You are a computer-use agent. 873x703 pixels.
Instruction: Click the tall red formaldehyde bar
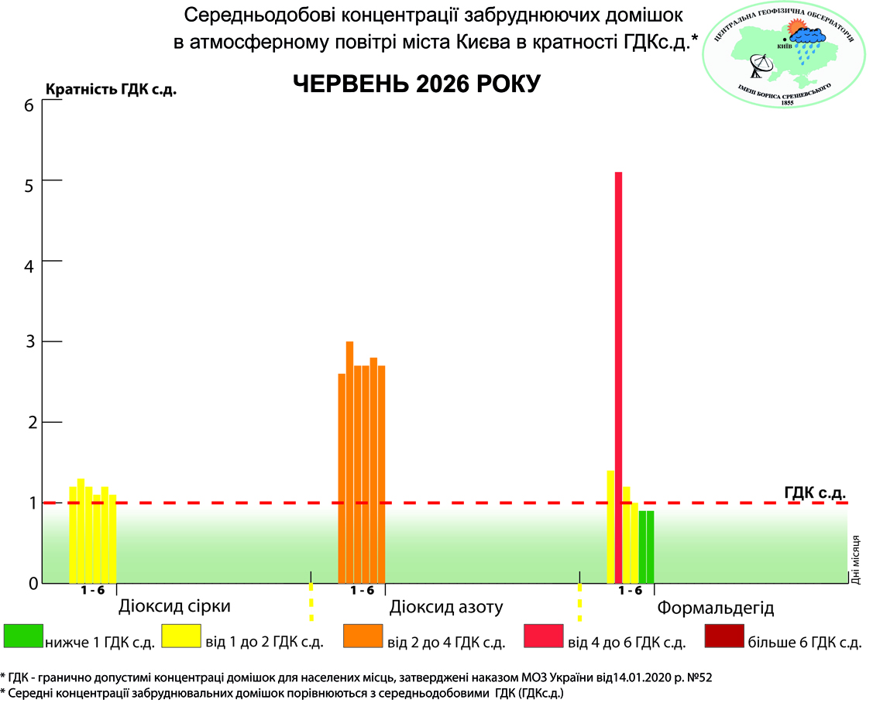tap(618, 377)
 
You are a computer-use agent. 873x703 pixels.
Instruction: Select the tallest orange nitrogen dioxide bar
tap(349, 462)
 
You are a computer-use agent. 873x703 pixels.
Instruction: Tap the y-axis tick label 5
tap(29, 185)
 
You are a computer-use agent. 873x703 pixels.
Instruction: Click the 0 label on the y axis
tap(33, 583)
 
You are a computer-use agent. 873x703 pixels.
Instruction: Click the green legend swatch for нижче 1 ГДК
tap(23, 636)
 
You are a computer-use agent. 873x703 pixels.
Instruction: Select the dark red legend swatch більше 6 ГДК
tap(724, 636)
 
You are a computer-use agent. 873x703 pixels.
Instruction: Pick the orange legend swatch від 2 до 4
tap(363, 636)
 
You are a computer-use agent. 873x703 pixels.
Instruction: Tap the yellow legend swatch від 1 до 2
tap(181, 636)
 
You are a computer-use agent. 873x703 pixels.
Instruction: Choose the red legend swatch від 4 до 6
tap(544, 636)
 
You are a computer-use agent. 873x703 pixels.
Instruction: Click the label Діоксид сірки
tap(174, 606)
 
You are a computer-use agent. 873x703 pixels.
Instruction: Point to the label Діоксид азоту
tap(446, 607)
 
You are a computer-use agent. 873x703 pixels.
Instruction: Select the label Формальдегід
tap(716, 608)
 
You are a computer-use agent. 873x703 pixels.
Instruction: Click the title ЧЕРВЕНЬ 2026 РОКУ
tap(417, 84)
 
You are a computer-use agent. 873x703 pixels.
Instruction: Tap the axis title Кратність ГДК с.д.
tap(111, 90)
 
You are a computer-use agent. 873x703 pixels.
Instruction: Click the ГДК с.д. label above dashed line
tap(815, 492)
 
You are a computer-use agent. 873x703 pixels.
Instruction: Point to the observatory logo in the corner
tap(785, 55)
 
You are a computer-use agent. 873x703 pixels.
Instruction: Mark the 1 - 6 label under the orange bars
tap(362, 591)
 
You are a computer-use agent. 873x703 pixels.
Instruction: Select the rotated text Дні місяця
tap(856, 560)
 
